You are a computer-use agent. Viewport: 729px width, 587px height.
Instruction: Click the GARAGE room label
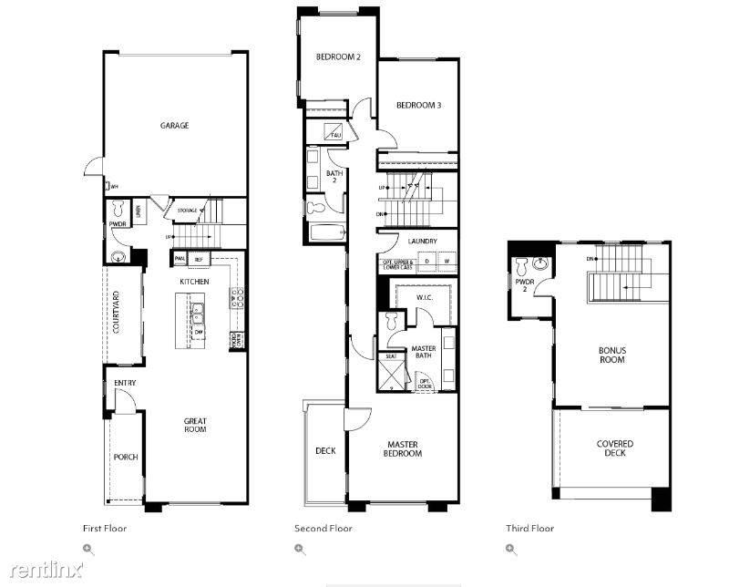click(174, 126)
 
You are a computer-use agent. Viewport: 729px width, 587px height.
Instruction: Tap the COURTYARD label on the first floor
click(117, 313)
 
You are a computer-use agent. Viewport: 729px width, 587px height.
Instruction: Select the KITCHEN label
click(194, 282)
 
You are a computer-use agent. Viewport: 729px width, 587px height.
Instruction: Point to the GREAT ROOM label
click(195, 427)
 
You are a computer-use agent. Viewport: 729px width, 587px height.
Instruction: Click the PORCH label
click(126, 457)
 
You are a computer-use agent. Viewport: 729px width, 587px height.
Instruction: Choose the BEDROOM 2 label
click(338, 57)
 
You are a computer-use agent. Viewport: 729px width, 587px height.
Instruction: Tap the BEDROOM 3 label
click(418, 106)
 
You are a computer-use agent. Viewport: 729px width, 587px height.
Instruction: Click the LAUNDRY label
click(423, 242)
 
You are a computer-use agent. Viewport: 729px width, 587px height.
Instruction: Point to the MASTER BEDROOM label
click(401, 449)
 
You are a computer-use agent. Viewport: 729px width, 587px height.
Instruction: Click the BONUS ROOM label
click(611, 355)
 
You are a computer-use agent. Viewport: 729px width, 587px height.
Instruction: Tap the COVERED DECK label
click(615, 448)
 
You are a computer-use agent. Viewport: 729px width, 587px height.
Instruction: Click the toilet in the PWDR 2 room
click(522, 267)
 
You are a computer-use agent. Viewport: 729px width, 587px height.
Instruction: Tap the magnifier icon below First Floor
click(88, 549)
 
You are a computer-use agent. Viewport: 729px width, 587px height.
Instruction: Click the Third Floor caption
click(529, 528)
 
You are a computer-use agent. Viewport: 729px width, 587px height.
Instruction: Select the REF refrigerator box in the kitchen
click(199, 260)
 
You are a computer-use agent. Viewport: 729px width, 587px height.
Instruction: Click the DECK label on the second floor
click(325, 450)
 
